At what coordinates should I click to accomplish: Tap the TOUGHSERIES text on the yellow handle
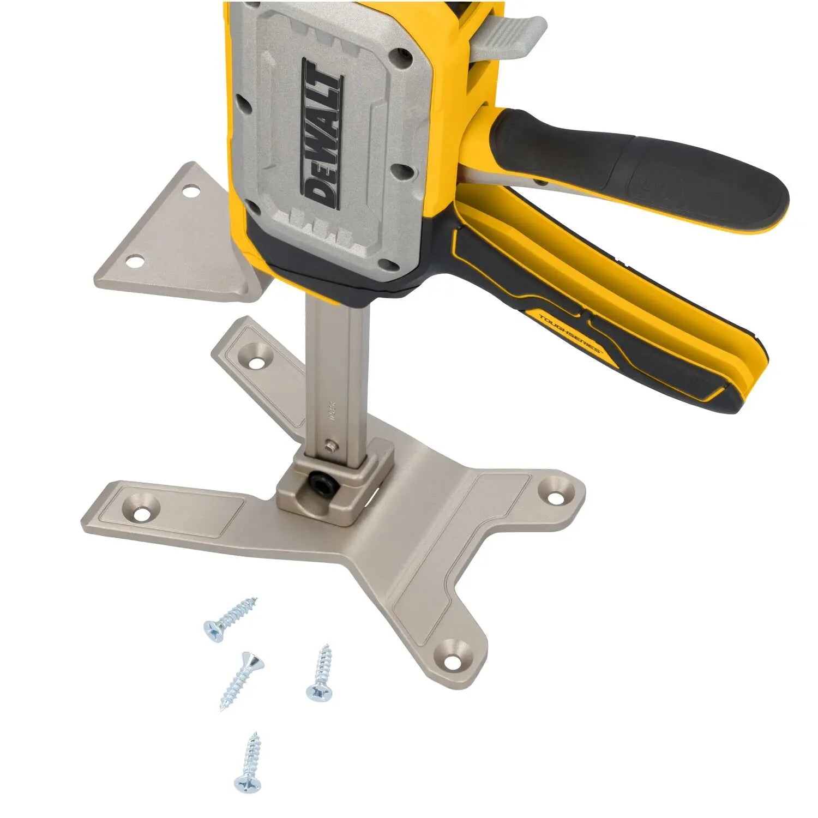click(x=570, y=333)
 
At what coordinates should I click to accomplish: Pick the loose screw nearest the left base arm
click(x=229, y=619)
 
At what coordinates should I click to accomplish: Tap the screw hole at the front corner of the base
click(x=452, y=661)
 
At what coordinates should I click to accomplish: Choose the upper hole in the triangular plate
click(x=190, y=191)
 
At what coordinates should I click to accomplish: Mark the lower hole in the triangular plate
click(x=133, y=262)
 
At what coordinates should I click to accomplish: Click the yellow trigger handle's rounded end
click(x=747, y=382)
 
